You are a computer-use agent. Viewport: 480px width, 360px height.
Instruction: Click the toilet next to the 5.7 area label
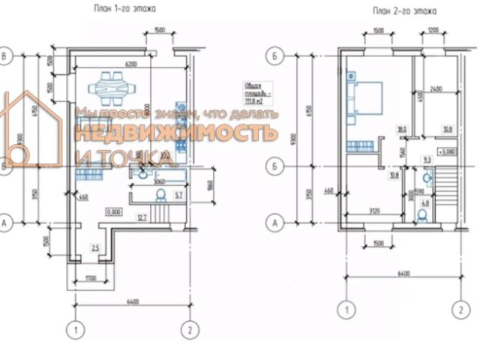(x=158, y=196)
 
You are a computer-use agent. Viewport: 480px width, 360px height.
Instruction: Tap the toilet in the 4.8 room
(x=423, y=215)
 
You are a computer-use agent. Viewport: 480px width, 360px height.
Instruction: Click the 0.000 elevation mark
(x=114, y=211)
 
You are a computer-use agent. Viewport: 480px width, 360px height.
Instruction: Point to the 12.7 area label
(x=142, y=218)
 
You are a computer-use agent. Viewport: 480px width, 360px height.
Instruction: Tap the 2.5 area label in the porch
(x=94, y=247)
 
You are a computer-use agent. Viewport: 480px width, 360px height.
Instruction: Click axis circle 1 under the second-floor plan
(x=346, y=309)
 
